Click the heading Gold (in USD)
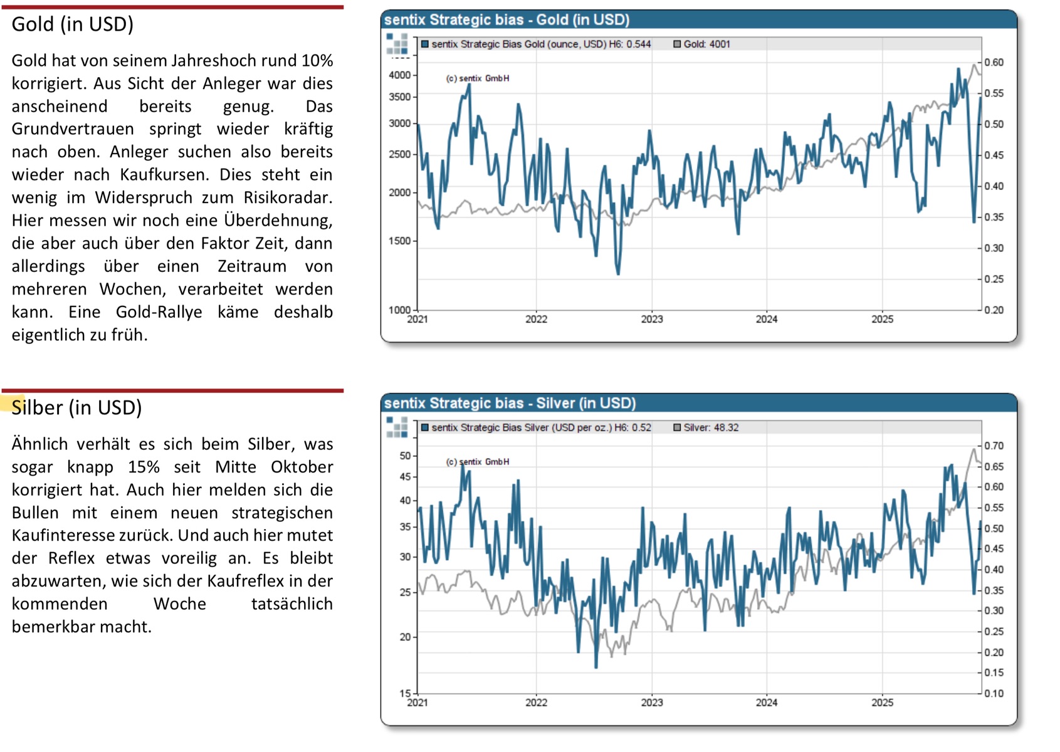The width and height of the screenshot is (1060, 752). (73, 24)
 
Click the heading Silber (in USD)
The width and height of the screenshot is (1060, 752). (76, 408)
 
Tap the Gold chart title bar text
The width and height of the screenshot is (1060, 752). (506, 20)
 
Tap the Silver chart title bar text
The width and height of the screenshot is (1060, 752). (510, 404)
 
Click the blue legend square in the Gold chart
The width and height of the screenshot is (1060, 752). (425, 44)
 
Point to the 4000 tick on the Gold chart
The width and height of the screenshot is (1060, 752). (399, 75)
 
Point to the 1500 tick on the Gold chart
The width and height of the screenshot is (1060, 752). (399, 241)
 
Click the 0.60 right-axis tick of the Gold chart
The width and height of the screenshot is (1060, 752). (994, 63)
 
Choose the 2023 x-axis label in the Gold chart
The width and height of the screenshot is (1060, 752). (651, 320)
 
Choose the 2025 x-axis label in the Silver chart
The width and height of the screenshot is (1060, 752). (882, 703)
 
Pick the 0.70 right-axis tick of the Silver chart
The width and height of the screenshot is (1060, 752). (994, 446)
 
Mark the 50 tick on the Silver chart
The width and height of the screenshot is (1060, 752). (405, 456)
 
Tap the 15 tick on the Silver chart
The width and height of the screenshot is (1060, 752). (405, 694)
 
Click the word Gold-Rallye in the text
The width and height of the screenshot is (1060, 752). (159, 312)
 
